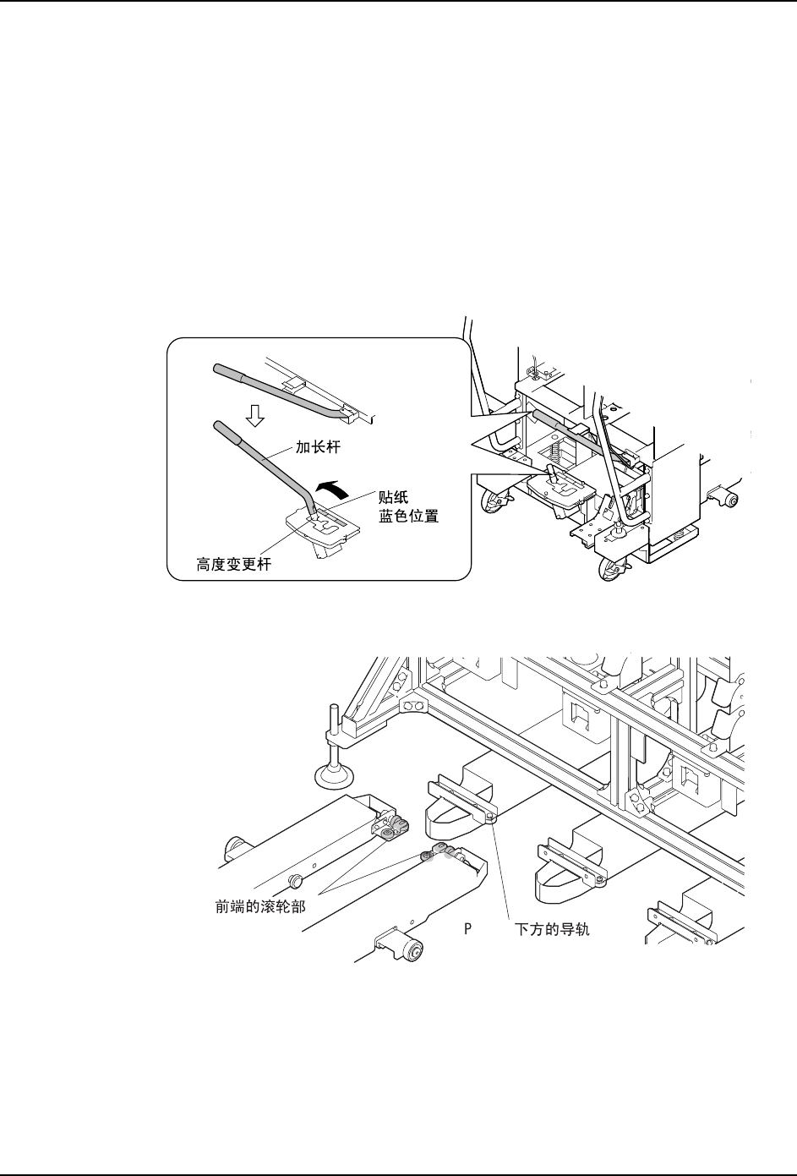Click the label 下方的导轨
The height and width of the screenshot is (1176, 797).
[553, 928]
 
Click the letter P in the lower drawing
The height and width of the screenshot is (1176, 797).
[466, 928]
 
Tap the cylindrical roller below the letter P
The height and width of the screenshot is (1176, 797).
[412, 951]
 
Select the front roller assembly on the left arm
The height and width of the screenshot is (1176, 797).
[391, 824]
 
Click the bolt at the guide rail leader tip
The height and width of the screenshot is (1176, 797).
[491, 817]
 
